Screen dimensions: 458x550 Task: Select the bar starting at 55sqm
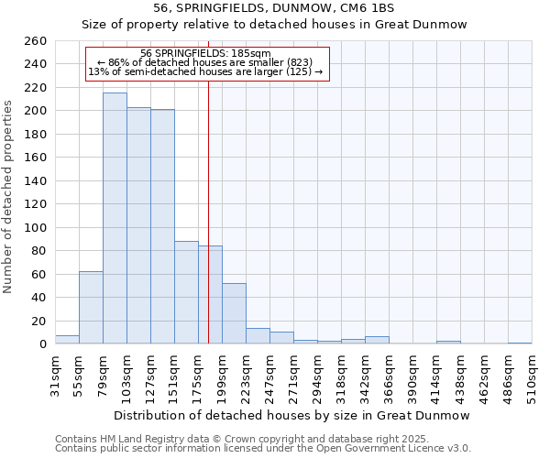[x=91, y=308]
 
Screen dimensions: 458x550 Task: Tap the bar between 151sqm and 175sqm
[x=186, y=292]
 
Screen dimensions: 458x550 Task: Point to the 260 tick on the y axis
[x=36, y=42]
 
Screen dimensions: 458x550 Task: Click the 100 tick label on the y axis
[x=36, y=228]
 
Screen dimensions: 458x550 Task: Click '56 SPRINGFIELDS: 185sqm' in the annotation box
[x=206, y=53]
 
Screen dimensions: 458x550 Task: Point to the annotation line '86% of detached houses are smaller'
[x=206, y=62]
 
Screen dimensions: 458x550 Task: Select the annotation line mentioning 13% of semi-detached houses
[x=206, y=71]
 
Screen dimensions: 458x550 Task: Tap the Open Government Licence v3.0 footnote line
[x=263, y=448]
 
